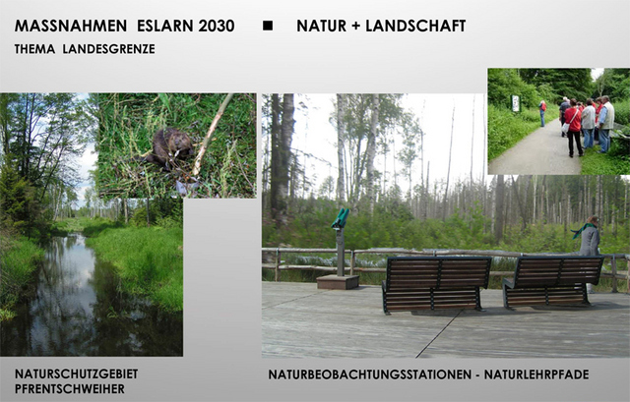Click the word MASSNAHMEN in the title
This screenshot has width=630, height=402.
pos(71,27)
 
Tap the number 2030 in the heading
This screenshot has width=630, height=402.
pos(217,27)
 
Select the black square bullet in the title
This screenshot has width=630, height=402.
pos(268,26)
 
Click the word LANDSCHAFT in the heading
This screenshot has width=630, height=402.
pos(415,27)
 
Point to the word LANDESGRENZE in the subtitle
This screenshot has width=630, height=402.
pos(108,49)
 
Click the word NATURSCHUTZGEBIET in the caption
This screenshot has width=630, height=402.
pos(77,373)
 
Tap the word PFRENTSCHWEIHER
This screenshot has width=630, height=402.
pos(70,389)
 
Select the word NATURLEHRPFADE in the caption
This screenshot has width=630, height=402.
pos(536,374)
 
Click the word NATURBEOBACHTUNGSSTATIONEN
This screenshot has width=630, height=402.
pos(370,374)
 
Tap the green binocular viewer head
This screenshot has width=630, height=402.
pos(341,218)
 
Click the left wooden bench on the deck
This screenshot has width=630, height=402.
pos(436,284)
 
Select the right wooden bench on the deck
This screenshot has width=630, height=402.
pos(552,282)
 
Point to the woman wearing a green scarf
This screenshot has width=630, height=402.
pos(589,237)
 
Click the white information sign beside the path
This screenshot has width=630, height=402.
pos(515,103)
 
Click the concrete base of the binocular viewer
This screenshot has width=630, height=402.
pos(338,282)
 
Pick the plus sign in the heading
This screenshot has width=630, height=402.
pos(355,27)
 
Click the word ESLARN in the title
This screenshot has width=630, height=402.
pos(165,27)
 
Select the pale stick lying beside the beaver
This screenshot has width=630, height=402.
pos(212,135)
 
